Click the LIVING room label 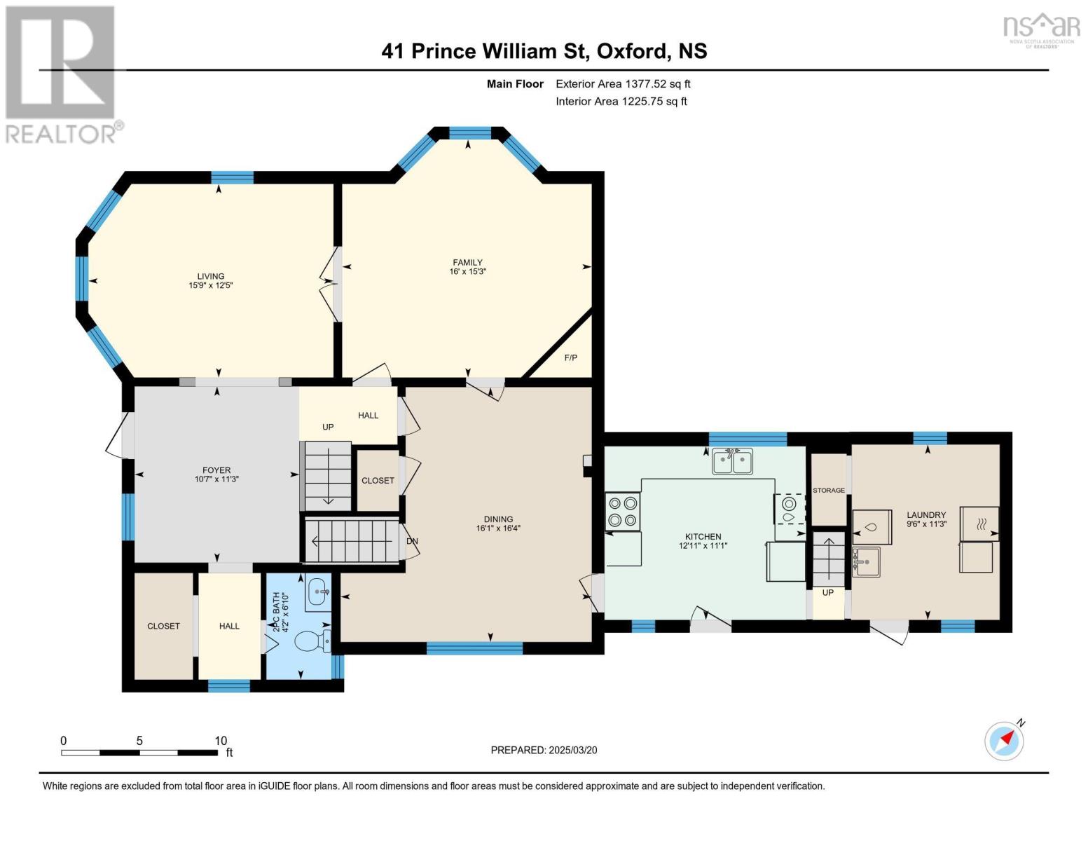coord(210,276)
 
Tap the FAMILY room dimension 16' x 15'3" coord(467,272)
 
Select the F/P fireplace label coord(570,358)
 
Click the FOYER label coord(216,470)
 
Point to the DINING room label coord(497,519)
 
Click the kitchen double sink coord(732,462)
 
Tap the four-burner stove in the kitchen coord(623,511)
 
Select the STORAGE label coord(828,491)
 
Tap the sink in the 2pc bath coord(319,592)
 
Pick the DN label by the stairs coord(413,542)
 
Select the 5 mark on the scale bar coord(139,741)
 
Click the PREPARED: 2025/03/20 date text coord(544,750)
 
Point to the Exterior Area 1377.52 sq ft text coord(623,84)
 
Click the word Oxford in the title coord(633,51)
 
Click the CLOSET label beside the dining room coord(378,481)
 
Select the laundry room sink coord(867,561)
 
